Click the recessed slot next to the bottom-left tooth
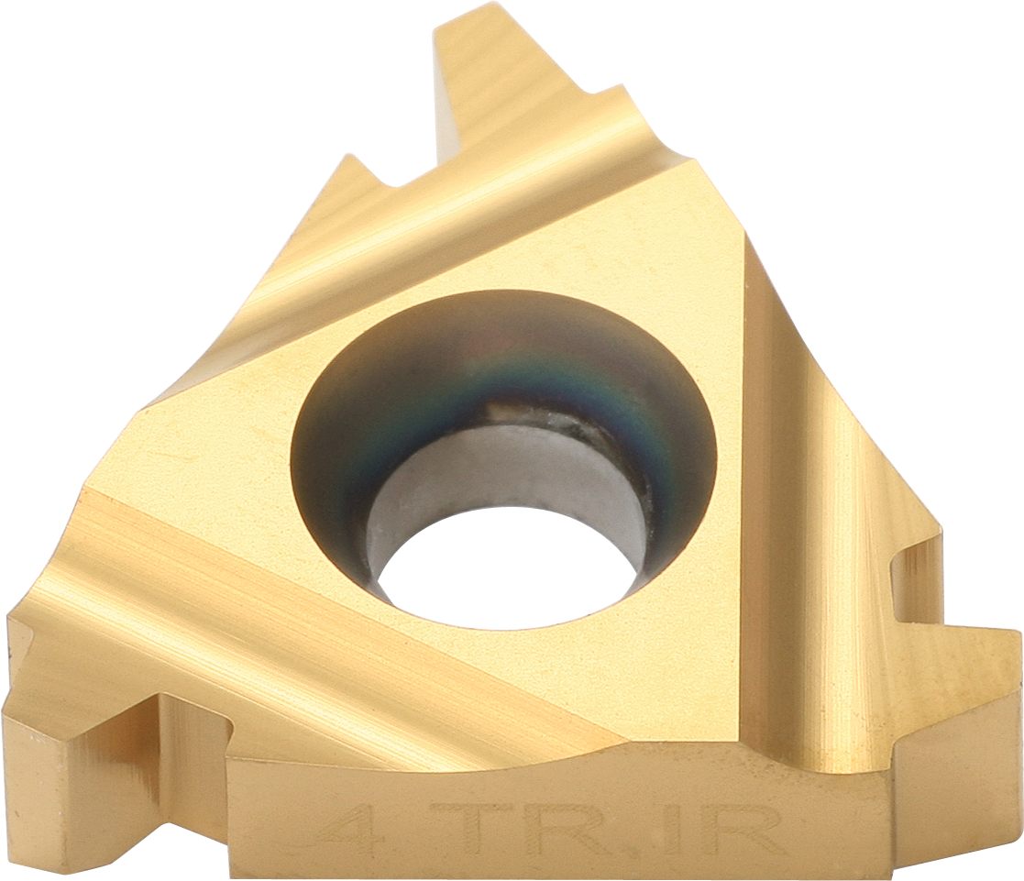point(183,733)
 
